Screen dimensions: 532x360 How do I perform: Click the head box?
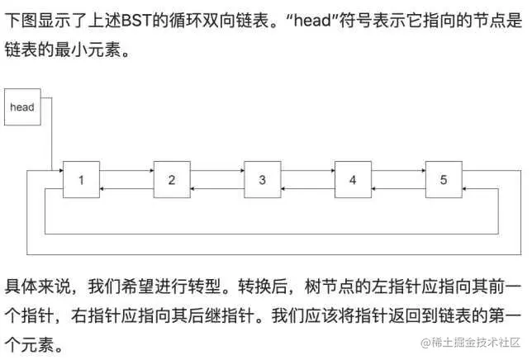22,107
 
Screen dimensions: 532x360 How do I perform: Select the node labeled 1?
81,179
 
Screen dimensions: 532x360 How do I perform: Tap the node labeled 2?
171,179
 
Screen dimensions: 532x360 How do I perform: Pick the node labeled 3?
262,179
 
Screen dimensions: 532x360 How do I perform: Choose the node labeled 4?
353,179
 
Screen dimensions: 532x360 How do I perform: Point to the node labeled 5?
443,179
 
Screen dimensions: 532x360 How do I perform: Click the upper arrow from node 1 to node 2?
126,172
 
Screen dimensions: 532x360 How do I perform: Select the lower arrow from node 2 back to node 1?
126,188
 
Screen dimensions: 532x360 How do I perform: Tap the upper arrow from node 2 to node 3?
216,172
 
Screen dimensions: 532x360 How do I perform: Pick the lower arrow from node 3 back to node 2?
216,188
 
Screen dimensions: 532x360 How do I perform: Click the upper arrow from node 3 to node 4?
307,172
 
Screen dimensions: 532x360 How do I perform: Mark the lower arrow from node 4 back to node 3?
307,188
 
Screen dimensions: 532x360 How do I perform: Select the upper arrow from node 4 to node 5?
397,172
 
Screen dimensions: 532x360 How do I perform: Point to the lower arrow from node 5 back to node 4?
397,188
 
